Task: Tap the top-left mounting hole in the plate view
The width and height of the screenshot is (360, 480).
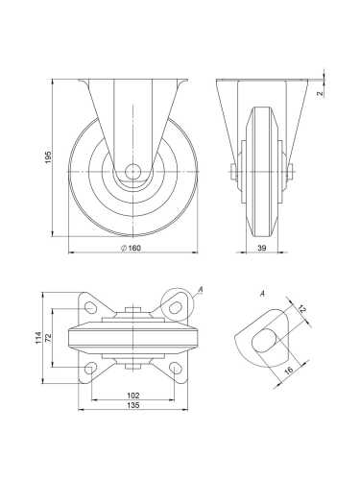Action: tap(91, 307)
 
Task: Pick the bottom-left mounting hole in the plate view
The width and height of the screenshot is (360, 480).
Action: tap(91, 370)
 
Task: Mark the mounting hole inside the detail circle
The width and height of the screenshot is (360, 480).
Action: tap(175, 307)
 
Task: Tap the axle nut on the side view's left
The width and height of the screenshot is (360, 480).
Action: tap(234, 174)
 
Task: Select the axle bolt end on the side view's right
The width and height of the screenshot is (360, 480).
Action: tap(291, 174)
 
